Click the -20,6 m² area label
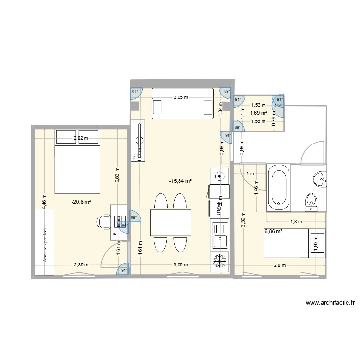pyautogui.click(x=81, y=202)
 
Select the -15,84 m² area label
pyautogui.click(x=180, y=181)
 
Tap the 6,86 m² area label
pyautogui.click(x=273, y=232)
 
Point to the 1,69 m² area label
pyautogui.click(x=259, y=113)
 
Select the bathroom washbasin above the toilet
pyautogui.click(x=320, y=179)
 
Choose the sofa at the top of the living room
pyautogui.click(x=182, y=104)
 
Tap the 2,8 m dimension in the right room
pyautogui.click(x=279, y=265)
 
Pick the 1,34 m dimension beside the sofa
pyautogui.click(x=221, y=109)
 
